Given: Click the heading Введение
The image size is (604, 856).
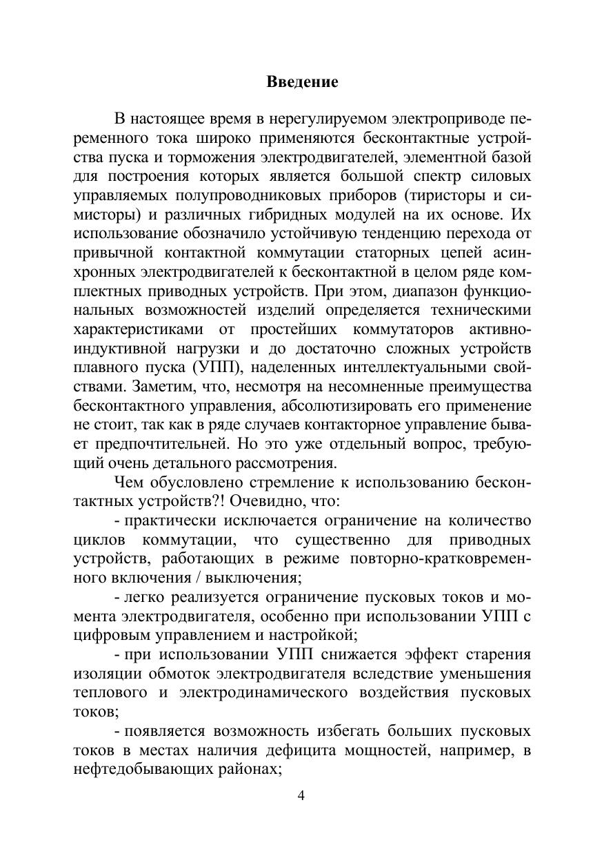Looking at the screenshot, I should (302, 82).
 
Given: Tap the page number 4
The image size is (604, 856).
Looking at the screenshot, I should (301, 795).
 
